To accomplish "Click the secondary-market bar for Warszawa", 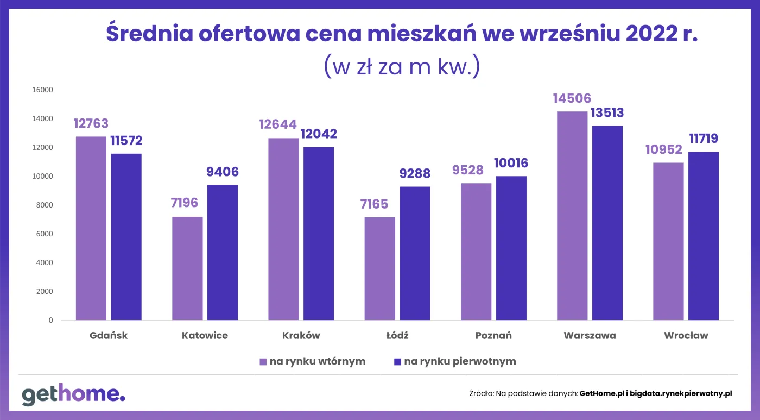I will click(572, 216).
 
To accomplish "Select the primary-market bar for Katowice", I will click(223, 253).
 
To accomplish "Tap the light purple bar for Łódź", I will click(380, 268).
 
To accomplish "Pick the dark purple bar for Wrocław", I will click(704, 236).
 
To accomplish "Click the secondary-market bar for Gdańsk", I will click(91, 228).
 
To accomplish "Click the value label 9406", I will click(223, 172).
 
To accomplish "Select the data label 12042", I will click(319, 134).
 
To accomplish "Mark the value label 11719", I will click(704, 139).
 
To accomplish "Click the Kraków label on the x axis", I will click(301, 336).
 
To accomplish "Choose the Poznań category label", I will click(493, 336).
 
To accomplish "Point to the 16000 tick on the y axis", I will click(42, 90).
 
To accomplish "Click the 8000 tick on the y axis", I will click(44, 205).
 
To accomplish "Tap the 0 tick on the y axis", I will click(50, 320).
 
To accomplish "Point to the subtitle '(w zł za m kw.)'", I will click(402, 66).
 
